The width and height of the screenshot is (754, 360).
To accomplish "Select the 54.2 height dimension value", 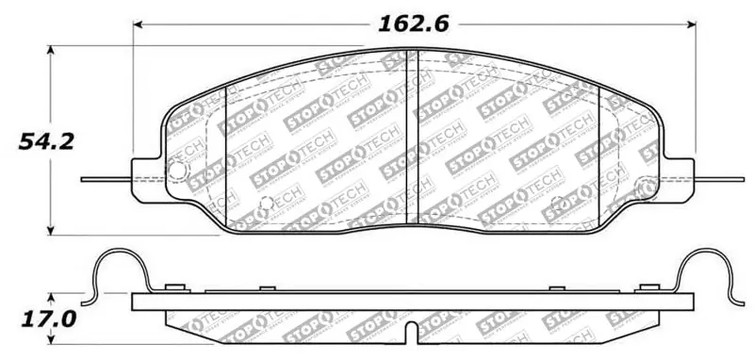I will point(45,141).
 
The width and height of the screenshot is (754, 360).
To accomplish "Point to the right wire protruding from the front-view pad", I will point(720,178).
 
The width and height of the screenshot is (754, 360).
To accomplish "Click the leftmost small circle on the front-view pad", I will point(177,171).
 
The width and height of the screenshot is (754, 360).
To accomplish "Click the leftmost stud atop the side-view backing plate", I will point(172,286).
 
